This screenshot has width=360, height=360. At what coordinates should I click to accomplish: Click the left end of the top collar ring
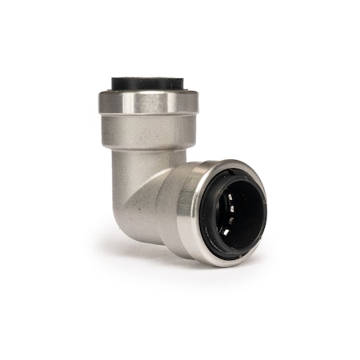click(x=101, y=101)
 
